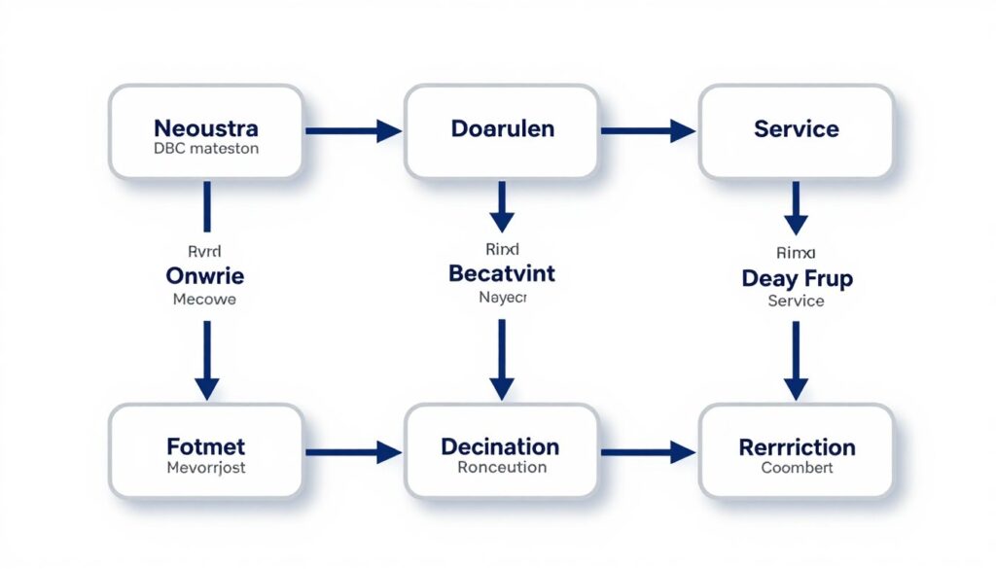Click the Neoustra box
pyautogui.click(x=205, y=131)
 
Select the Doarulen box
pyautogui.click(x=501, y=131)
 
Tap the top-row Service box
pyautogui.click(x=796, y=131)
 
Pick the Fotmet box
pyautogui.click(x=205, y=451)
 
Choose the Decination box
pyautogui.click(x=501, y=451)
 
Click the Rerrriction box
pyautogui.click(x=796, y=451)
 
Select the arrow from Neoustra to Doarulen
pyautogui.click(x=353, y=130)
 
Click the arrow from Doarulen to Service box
pyautogui.click(x=649, y=130)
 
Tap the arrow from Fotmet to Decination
pyautogui.click(x=353, y=451)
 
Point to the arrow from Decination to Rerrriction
pyautogui.click(x=649, y=451)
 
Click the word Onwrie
pyautogui.click(x=204, y=275)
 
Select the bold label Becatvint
pyautogui.click(x=502, y=273)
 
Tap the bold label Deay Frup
pyautogui.click(x=797, y=279)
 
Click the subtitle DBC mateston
pyautogui.click(x=205, y=150)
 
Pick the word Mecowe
pyautogui.click(x=204, y=300)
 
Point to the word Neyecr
pyautogui.click(x=502, y=298)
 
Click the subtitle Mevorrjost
pyautogui.click(x=205, y=469)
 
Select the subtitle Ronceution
pyautogui.click(x=501, y=468)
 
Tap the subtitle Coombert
pyautogui.click(x=797, y=469)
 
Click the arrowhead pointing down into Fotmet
pyautogui.click(x=206, y=387)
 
